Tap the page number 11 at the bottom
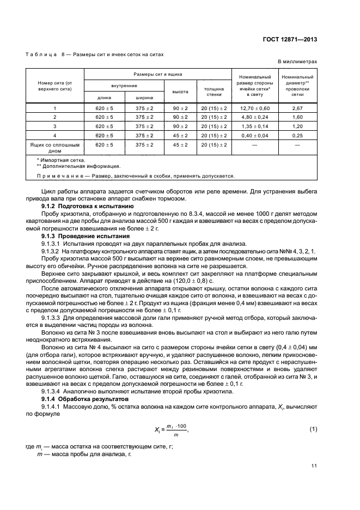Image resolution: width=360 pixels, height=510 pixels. point(314,466)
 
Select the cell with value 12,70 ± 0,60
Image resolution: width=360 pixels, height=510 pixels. point(254,108)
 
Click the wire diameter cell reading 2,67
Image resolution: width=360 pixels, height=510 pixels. point(297,108)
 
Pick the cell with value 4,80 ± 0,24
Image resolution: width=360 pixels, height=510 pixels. point(254,117)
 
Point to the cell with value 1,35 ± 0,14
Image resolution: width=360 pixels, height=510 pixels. point(254,126)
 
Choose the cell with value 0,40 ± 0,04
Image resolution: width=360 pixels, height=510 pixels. point(254,135)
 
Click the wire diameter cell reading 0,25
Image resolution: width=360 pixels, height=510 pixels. point(297,135)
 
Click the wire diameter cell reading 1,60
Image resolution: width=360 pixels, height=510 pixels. point(297,117)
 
